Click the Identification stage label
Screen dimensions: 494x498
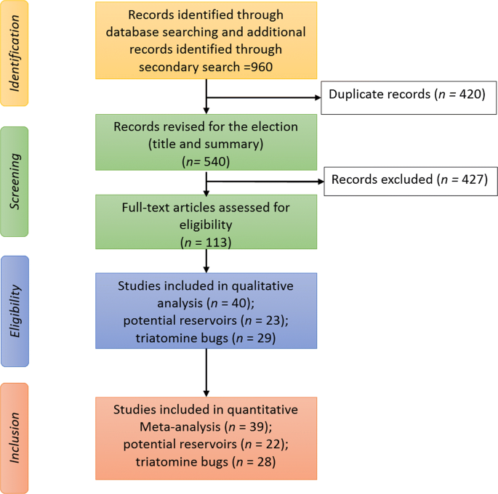click(15, 54)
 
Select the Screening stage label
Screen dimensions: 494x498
click(15, 181)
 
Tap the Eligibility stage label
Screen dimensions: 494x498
click(15, 312)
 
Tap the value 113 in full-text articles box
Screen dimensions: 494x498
click(216, 240)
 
